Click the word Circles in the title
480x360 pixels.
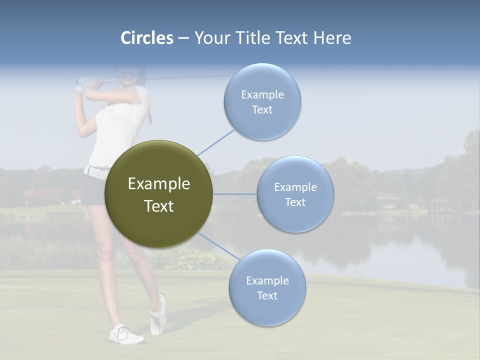click(x=147, y=38)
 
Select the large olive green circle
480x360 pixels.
click(x=158, y=194)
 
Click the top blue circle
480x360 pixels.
click(x=262, y=102)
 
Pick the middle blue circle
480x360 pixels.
click(x=295, y=194)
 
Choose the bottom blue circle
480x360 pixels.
click(x=267, y=288)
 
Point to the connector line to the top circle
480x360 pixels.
click(x=216, y=140)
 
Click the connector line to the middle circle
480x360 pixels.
click(x=234, y=194)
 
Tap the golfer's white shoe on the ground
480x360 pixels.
click(x=126, y=334)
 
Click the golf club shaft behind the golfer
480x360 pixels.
click(x=190, y=77)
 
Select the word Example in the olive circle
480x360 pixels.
click(x=158, y=184)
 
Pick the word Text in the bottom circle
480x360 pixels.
click(x=267, y=295)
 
